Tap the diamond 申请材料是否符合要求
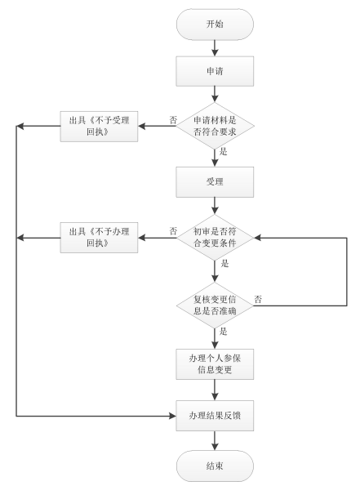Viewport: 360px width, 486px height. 213,127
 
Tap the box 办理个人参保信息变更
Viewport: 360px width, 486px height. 213,364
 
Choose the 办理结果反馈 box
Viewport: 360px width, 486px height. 213,416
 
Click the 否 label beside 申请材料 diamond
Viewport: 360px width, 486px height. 173,119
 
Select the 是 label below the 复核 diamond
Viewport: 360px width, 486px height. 223,331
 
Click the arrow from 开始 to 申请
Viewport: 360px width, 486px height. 213,48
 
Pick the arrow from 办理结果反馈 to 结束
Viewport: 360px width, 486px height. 213,439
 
